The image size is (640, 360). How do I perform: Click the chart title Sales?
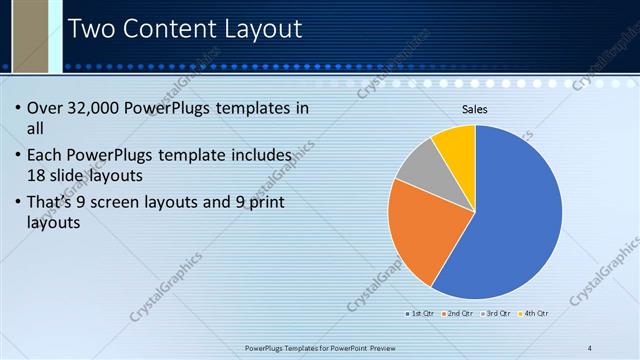click(x=474, y=110)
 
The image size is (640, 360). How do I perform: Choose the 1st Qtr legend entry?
click(x=420, y=314)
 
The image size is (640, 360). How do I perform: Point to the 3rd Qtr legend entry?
click(x=497, y=314)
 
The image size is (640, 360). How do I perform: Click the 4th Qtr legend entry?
click(x=534, y=314)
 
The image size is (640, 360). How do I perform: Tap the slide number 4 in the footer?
click(x=590, y=347)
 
